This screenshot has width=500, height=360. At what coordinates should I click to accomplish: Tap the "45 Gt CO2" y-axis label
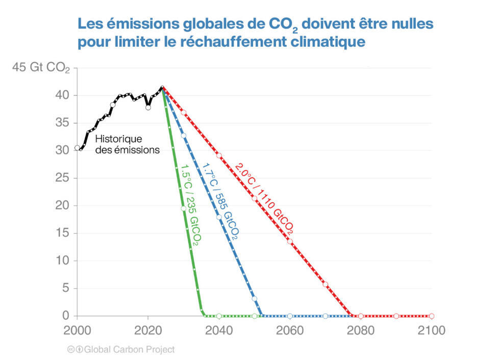[41, 68]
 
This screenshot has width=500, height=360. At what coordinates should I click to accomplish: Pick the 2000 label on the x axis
[77, 330]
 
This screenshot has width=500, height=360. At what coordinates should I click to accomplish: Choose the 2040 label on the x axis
[219, 330]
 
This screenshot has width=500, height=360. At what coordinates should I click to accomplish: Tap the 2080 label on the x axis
[361, 330]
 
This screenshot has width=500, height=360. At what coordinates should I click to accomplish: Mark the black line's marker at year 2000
[77, 148]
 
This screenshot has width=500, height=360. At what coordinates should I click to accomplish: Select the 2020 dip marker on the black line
[148, 108]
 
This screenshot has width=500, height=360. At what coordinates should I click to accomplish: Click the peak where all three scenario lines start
[162, 88]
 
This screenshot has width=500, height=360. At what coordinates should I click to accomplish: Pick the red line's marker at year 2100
[432, 316]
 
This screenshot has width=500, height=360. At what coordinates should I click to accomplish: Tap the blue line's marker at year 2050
[255, 299]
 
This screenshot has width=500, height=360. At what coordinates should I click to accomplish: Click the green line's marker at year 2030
[183, 209]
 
